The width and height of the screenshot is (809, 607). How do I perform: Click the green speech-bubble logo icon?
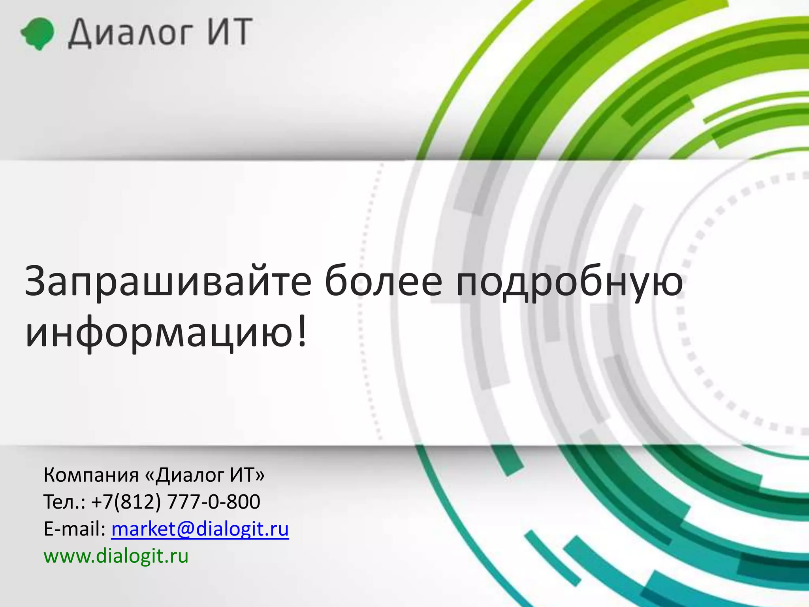point(37,33)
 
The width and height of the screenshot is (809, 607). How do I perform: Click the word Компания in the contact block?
point(91,475)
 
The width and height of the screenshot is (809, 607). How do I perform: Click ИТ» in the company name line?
point(247,475)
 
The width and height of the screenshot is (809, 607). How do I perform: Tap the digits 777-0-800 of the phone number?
point(214,502)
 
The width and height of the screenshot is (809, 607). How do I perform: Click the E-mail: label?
point(74,529)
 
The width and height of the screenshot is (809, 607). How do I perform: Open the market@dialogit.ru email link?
point(200,529)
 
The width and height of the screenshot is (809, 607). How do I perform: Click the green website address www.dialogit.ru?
point(116,556)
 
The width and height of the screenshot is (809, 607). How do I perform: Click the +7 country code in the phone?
point(102,502)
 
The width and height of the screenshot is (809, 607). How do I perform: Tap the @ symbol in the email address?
point(186,529)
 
